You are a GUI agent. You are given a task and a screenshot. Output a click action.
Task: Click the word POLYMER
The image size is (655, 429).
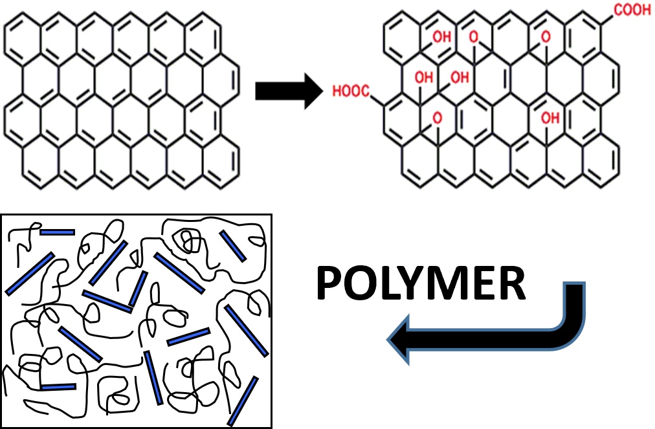421,285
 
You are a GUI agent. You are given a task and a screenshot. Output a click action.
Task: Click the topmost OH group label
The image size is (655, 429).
442,37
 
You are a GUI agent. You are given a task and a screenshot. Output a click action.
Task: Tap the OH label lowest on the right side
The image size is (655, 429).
550,118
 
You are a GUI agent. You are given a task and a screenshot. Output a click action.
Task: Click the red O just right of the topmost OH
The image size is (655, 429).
473,37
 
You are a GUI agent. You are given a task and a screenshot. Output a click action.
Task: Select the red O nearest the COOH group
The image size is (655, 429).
546,37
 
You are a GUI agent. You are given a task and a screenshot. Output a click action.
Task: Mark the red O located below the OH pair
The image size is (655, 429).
438,118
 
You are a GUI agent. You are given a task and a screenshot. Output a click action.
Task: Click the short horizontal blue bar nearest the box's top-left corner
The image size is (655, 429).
57,232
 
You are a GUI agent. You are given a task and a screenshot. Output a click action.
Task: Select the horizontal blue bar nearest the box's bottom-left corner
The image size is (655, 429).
58,387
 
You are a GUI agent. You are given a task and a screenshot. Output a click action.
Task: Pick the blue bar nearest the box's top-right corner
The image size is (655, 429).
232,247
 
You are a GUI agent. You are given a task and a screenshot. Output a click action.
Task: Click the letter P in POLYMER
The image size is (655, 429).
331,285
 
